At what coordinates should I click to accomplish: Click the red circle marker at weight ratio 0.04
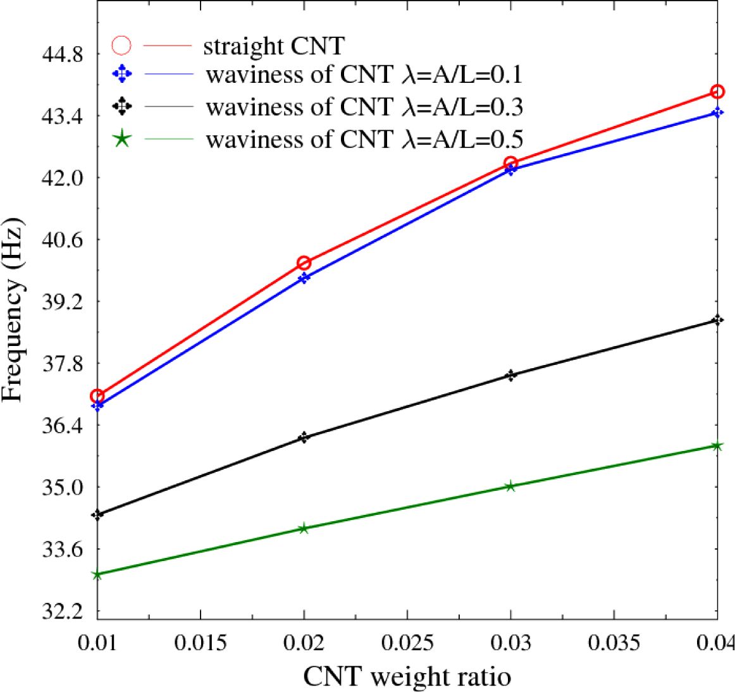717,92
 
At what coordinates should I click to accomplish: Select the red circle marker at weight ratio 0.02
304,263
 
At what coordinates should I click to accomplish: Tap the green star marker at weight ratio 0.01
97,574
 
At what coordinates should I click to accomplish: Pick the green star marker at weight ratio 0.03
510,486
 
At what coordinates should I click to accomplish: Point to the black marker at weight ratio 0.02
304,437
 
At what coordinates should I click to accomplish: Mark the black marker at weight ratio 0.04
717,320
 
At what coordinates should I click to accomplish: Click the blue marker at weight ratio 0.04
717,113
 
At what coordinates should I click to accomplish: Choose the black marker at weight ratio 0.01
97,514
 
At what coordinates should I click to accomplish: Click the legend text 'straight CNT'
273,46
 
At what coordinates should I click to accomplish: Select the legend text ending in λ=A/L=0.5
364,139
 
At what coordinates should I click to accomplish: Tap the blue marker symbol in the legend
121,75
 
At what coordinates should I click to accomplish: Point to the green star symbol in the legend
121,139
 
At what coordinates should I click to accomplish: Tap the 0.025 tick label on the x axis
407,643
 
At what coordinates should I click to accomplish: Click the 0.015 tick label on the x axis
201,643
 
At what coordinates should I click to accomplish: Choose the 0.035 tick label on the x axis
614,643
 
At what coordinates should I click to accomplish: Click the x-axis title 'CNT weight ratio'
407,677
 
